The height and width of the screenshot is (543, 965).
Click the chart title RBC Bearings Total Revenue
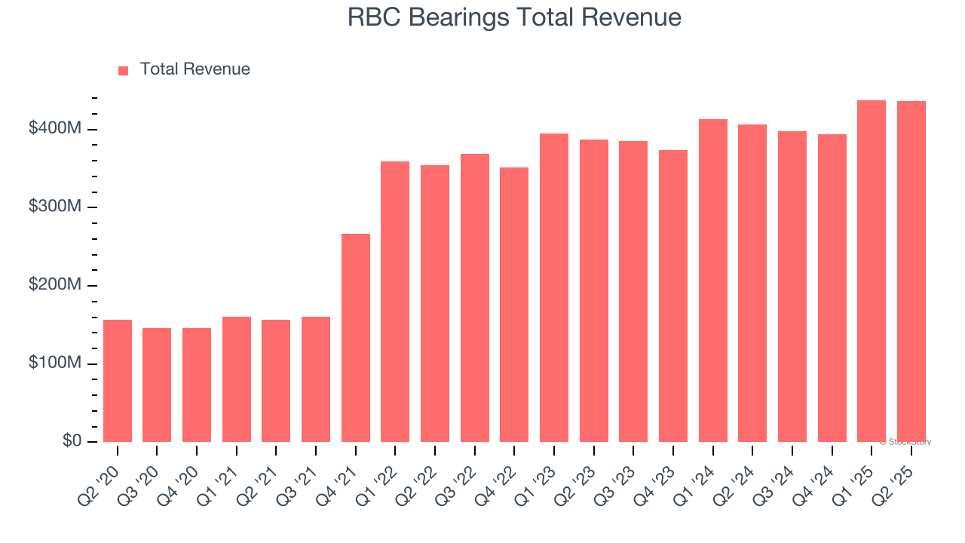pos(514,17)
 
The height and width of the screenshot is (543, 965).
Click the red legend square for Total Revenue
pos(124,70)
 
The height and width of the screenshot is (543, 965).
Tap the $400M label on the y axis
pos(54,129)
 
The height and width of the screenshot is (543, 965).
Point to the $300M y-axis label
pos(54,207)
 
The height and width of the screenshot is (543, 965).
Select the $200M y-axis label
pos(54,285)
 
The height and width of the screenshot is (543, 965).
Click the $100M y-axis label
pos(54,364)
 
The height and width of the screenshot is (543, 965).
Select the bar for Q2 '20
pos(118,381)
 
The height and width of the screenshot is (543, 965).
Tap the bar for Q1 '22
pos(395,302)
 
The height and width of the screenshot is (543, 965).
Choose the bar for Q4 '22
pos(514,305)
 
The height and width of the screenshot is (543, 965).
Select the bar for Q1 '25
pos(872,271)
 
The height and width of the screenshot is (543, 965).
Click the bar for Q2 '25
pos(911,271)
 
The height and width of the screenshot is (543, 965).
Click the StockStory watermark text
pos(905,442)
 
